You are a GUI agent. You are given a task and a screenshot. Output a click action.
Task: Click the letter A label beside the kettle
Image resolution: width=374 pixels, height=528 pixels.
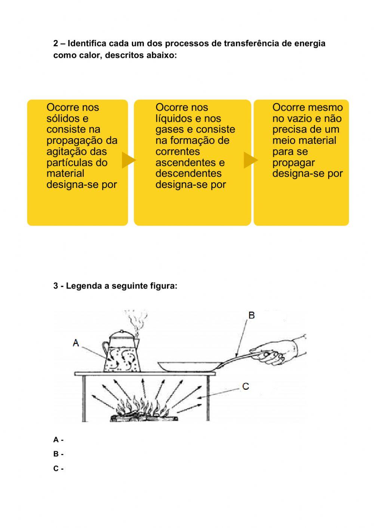tap(76, 343)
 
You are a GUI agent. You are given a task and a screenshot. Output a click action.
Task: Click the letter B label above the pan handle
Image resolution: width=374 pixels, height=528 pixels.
tap(252, 315)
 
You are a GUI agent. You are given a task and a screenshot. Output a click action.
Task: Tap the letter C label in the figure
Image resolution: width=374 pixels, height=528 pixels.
tap(246, 386)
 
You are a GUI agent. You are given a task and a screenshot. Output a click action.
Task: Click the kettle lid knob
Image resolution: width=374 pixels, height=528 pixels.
tap(120, 331)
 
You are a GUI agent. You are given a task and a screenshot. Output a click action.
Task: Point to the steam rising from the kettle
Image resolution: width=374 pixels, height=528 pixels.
tap(133, 320)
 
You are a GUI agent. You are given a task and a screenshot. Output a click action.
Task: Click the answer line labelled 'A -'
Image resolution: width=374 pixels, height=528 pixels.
tap(58, 440)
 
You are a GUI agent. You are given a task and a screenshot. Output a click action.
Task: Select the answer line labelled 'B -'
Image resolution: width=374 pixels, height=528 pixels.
tap(58, 454)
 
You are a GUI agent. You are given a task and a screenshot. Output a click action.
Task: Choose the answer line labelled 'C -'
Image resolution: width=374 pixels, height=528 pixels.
tap(58, 469)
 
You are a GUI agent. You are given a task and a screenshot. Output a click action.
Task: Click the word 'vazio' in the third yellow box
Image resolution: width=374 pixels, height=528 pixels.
tap(297, 118)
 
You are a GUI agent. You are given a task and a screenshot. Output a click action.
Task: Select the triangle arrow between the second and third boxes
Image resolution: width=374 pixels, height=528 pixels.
tap(250, 160)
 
